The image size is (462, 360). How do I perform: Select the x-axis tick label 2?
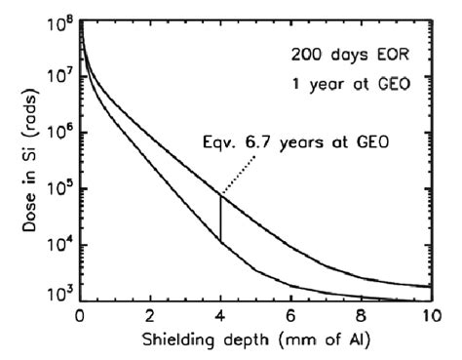click(x=150, y=318)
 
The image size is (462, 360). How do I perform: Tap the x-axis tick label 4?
click(x=220, y=318)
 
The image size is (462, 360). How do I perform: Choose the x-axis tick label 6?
click(x=290, y=318)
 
